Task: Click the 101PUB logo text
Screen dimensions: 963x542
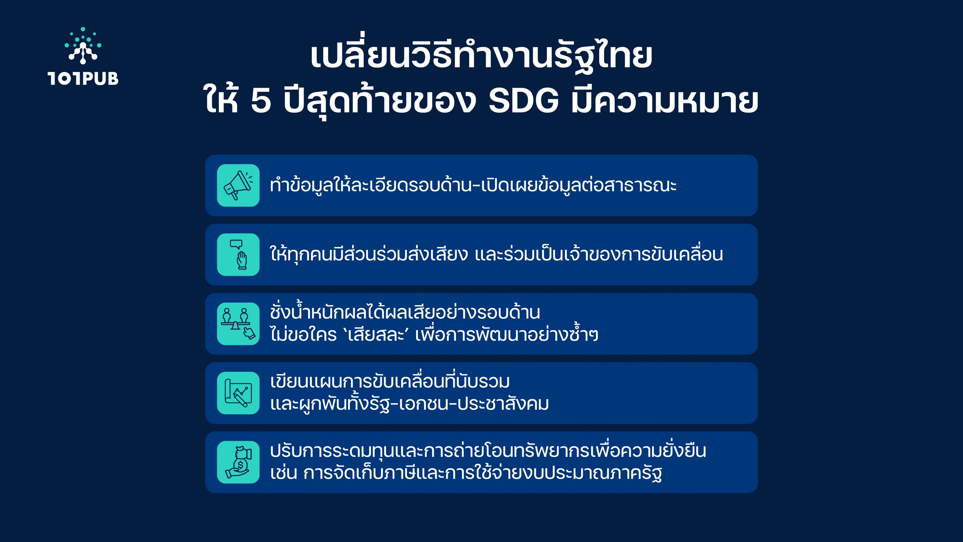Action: pyautogui.click(x=83, y=78)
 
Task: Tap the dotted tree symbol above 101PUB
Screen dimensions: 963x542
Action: pyautogui.click(x=83, y=45)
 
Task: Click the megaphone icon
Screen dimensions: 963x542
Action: pyautogui.click(x=238, y=185)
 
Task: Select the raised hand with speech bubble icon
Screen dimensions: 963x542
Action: pyautogui.click(x=238, y=255)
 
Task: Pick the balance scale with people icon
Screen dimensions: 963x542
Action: pyautogui.click(x=238, y=324)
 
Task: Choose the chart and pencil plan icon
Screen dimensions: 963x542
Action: pyautogui.click(x=238, y=393)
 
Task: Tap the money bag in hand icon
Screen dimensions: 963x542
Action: pyautogui.click(x=238, y=462)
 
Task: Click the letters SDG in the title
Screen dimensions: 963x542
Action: pyautogui.click(x=524, y=101)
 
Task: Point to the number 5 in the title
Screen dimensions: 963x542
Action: pyautogui.click(x=261, y=101)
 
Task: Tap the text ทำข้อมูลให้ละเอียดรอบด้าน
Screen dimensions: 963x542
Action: pyautogui.click(x=370, y=184)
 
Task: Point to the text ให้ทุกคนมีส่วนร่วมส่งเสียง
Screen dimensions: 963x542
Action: pyautogui.click(x=369, y=254)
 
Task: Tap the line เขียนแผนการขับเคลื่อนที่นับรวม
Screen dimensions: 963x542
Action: pyautogui.click(x=390, y=381)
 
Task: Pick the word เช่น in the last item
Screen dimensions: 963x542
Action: pyautogui.click(x=284, y=473)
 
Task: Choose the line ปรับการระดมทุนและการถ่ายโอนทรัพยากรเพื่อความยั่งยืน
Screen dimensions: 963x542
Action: pyautogui.click(x=488, y=451)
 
